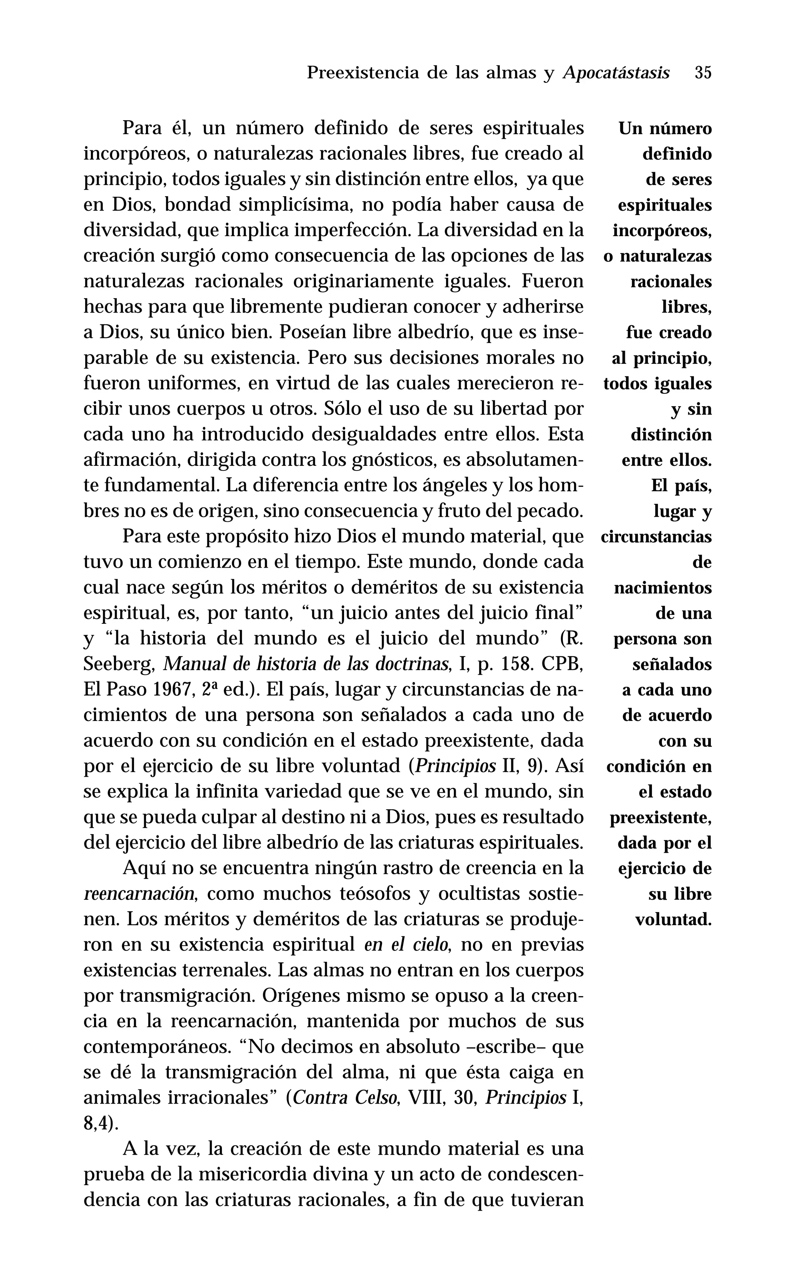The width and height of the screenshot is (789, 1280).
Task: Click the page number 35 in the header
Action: (702, 72)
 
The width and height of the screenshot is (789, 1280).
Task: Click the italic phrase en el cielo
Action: (407, 945)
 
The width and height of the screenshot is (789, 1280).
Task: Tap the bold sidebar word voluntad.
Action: (673, 920)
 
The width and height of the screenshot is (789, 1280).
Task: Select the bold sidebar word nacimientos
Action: (663, 588)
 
